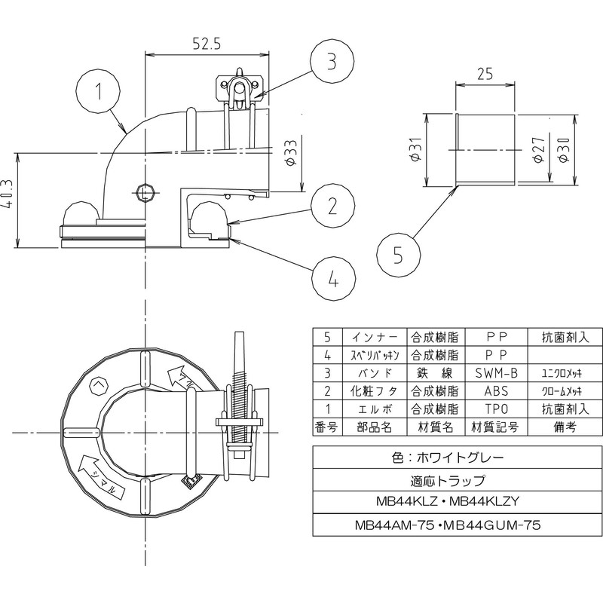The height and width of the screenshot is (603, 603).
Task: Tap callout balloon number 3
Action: click(x=332, y=61)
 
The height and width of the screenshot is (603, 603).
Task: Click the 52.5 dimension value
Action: click(x=205, y=44)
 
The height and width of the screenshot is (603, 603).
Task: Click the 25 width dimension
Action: click(x=485, y=75)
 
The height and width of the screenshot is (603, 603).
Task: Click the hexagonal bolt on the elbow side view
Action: click(x=145, y=191)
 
